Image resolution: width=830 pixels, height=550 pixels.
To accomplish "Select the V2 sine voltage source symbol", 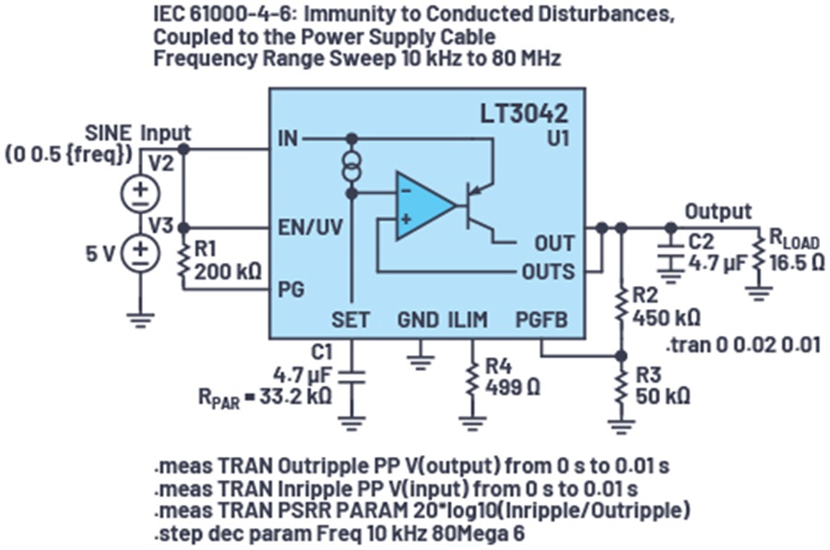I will tap(140, 191).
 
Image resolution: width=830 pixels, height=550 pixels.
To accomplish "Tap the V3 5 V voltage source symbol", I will tap(140, 251).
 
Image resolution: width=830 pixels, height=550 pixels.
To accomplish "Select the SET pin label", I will tap(350, 319).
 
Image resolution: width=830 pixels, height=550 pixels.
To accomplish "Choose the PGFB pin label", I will tap(541, 319).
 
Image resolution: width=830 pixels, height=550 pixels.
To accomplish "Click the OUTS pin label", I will tap(547, 271).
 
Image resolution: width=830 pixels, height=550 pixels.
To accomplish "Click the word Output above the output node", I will tap(717, 211).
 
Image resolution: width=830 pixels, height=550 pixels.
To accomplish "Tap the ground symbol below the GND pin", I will tap(421, 358).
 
